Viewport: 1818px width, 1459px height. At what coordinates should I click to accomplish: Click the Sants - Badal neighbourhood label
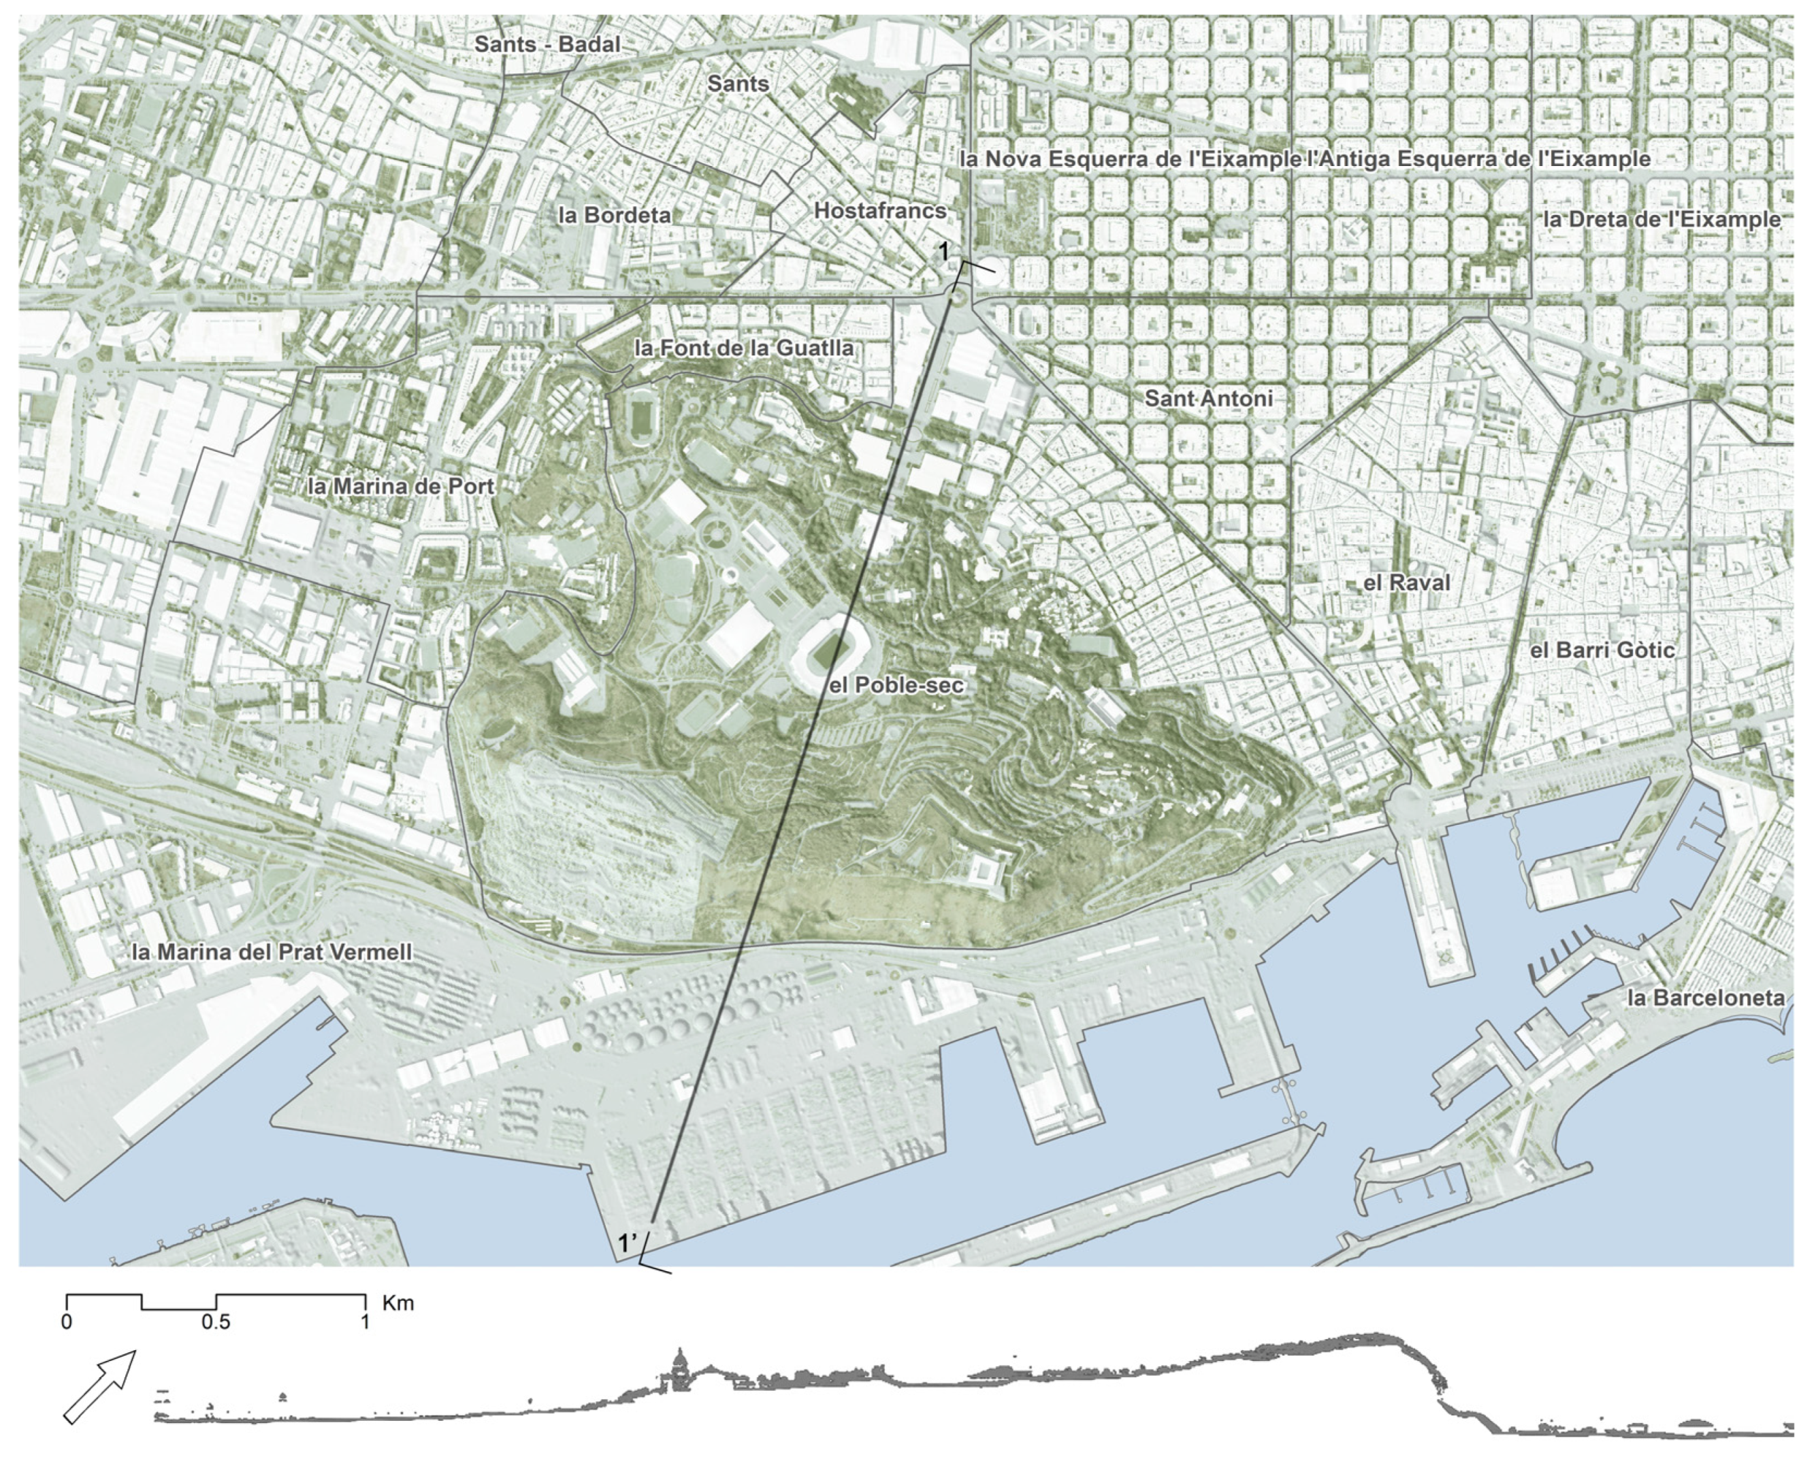pyautogui.click(x=547, y=45)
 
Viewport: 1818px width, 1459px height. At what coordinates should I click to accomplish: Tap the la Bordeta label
pyautogui.click(x=615, y=215)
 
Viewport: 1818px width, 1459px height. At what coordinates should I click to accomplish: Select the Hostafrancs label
pyautogui.click(x=879, y=211)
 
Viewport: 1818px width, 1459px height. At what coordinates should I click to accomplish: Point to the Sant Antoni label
pyautogui.click(x=1207, y=398)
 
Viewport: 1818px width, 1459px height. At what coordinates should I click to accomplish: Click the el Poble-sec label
pyautogui.click(x=896, y=685)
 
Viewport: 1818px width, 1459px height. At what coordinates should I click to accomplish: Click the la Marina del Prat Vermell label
pyautogui.click(x=272, y=953)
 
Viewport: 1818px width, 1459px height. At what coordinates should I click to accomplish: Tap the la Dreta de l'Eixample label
pyautogui.click(x=1661, y=219)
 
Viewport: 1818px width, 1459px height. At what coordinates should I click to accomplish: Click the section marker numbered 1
pyautogui.click(x=945, y=251)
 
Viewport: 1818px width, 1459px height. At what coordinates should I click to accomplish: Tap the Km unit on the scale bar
pyautogui.click(x=398, y=1304)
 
